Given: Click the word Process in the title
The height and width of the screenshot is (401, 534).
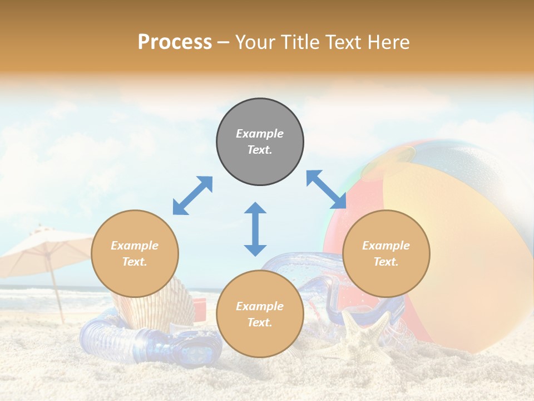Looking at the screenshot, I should [x=175, y=42].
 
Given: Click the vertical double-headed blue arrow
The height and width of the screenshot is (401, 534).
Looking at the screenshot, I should [x=255, y=229].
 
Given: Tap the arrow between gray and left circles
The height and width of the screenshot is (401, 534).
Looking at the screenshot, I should [x=192, y=195].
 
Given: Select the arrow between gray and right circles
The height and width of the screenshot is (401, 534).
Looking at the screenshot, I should [x=327, y=190].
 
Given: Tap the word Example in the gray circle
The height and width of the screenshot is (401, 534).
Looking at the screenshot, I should [x=260, y=134].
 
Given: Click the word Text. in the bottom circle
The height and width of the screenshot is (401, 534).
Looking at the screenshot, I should [x=260, y=322].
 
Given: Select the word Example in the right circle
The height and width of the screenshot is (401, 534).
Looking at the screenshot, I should [x=386, y=246].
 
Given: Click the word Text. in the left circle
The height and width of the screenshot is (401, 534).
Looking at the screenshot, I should [x=135, y=262].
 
